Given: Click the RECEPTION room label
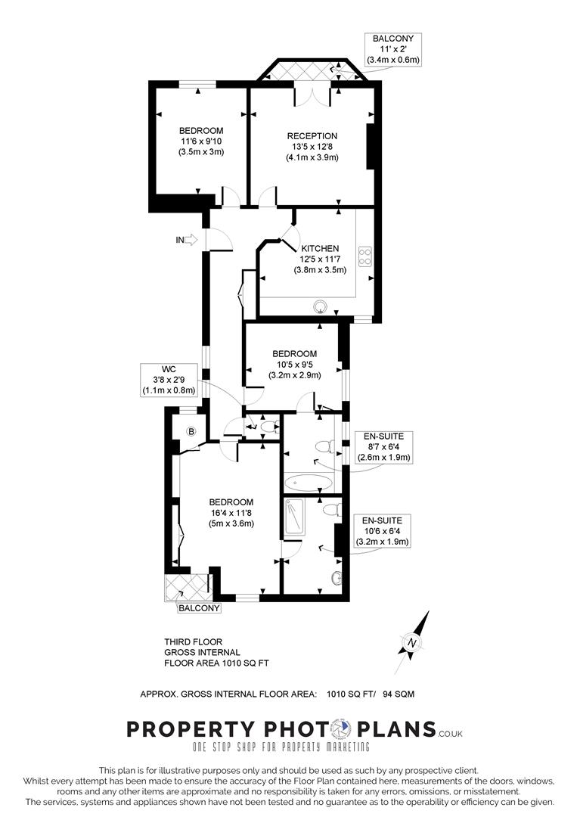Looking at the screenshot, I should coord(312,136).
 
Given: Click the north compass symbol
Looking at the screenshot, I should coord(412,642).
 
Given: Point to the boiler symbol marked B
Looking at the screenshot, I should coord(191,432).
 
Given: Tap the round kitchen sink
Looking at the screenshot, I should coord(321,306).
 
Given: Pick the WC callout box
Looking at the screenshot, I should coord(168,380).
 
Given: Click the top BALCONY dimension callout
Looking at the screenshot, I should coord(393,48).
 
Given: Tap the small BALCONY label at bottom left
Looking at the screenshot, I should coord(199,608).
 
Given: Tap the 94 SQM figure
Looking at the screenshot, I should coord(398,693).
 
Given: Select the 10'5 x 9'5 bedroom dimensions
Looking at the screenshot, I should coord(295,365).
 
